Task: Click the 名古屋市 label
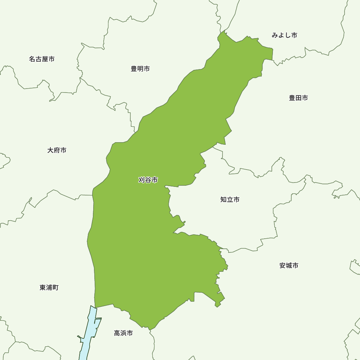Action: coord(42,59)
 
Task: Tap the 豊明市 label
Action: coord(140,69)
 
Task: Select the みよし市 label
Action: coord(284,35)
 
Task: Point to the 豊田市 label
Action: coord(298,98)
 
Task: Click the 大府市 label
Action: coord(57,150)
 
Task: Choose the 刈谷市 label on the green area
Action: coord(148,180)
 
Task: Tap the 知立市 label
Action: coord(230,199)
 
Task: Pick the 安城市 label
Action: coord(289,266)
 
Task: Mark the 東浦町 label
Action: coord(49,288)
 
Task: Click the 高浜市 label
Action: coord(123,333)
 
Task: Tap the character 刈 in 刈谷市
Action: coord(141,180)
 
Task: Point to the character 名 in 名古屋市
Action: coord(32,59)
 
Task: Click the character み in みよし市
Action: coord(275,35)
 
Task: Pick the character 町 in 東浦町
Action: coord(55,288)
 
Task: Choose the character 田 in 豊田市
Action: coord(298,98)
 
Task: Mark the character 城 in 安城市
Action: coord(289,266)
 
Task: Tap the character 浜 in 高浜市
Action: coord(123,333)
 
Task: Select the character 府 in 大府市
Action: coord(57,150)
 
